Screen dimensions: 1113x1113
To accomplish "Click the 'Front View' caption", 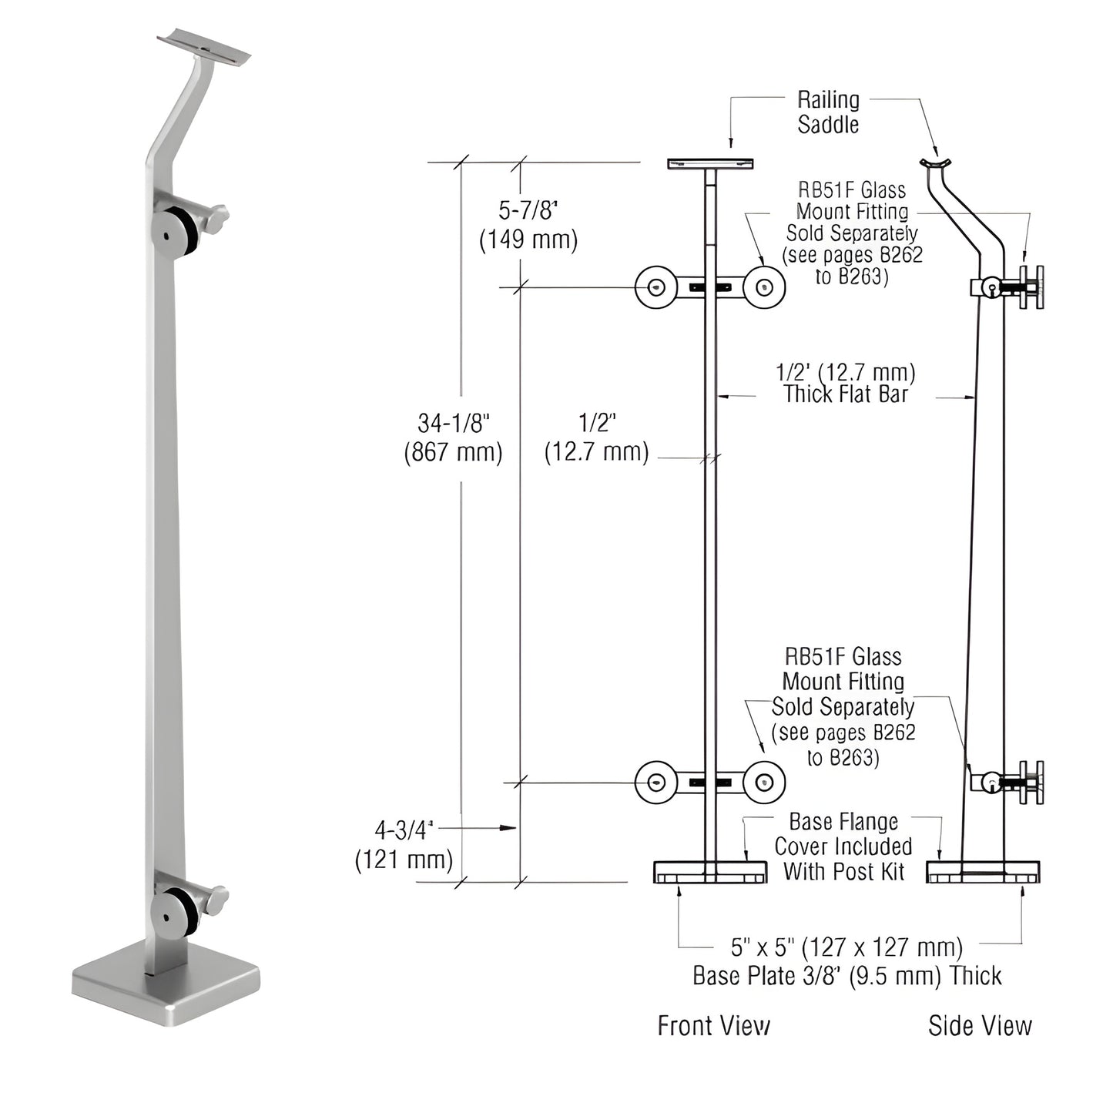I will click(x=713, y=1025).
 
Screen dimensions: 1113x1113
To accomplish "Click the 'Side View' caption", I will click(x=979, y=1025).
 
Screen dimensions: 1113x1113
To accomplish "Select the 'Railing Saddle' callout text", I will click(x=828, y=112).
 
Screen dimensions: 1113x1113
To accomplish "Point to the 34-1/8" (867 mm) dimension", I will click(x=454, y=437).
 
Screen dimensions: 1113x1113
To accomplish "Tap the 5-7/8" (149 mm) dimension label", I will click(x=528, y=225).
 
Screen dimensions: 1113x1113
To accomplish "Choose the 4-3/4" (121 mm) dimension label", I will click(x=404, y=844).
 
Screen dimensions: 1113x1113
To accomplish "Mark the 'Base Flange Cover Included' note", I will click(x=843, y=846).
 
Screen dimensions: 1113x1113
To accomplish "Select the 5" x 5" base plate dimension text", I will click(x=846, y=960).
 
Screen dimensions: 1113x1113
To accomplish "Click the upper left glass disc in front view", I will click(x=655, y=287).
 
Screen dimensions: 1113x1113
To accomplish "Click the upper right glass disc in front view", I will click(x=764, y=287).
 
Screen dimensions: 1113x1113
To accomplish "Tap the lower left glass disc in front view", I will click(x=655, y=783).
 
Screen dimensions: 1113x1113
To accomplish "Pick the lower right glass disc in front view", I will click(x=764, y=783).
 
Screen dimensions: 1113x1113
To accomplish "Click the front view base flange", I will click(x=710, y=872).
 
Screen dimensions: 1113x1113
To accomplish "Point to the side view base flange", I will click(x=983, y=872).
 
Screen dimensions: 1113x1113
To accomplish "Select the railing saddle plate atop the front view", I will click(x=710, y=163).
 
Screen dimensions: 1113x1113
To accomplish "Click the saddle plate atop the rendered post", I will click(x=204, y=47).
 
